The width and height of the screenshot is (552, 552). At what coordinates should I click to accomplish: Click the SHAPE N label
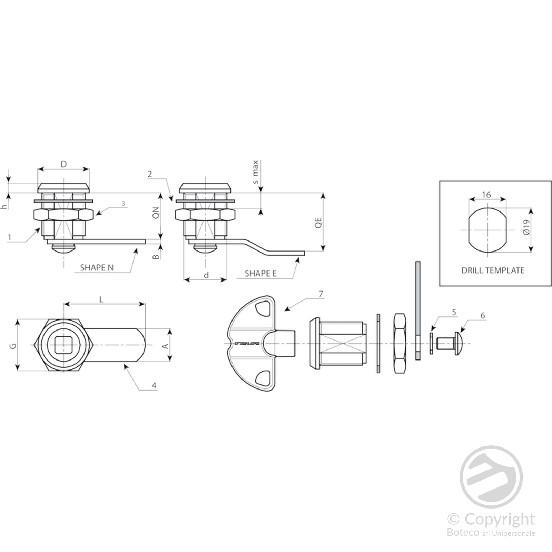[97, 267]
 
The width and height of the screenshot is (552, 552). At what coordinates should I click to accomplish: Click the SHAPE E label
[260, 274]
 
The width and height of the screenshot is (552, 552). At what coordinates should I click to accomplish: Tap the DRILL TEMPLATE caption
[493, 270]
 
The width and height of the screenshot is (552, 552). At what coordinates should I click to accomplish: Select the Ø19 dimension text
[526, 227]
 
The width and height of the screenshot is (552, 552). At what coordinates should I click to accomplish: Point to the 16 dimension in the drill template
[486, 195]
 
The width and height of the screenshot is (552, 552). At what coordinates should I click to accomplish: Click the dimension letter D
[63, 165]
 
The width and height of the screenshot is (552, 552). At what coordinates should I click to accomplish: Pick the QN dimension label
[156, 213]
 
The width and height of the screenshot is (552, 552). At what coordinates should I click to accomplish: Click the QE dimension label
[318, 223]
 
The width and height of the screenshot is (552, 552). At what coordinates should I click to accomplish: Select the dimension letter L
[101, 299]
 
